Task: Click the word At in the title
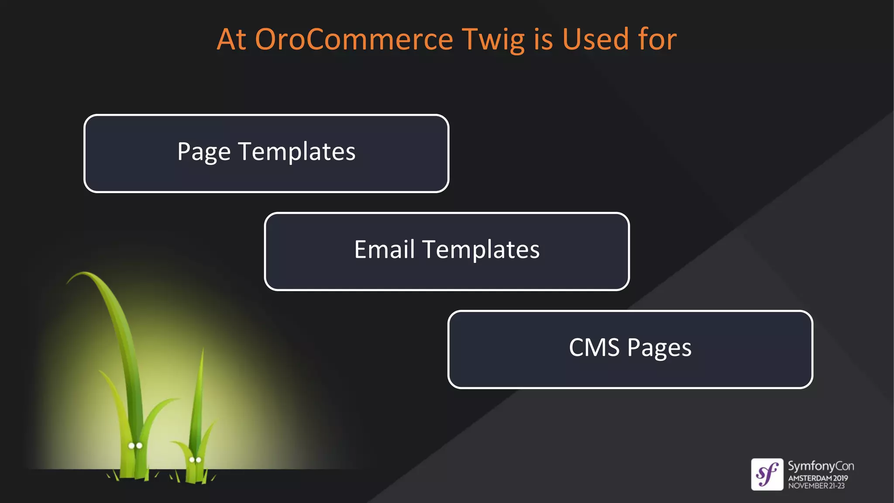pyautogui.click(x=231, y=39)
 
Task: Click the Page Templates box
pyautogui.click(x=266, y=153)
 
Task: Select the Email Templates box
pyautogui.click(x=447, y=251)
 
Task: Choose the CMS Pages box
pyautogui.click(x=630, y=349)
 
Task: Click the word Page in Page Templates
pyautogui.click(x=204, y=152)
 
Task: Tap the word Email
pyautogui.click(x=384, y=250)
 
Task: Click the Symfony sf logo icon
pyautogui.click(x=767, y=474)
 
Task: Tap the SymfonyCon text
pyautogui.click(x=821, y=466)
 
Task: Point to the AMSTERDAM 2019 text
pyautogui.click(x=818, y=478)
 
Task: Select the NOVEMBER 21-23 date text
pyautogui.click(x=816, y=486)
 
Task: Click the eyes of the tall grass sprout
pyautogui.click(x=135, y=446)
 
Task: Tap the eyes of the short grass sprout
pyautogui.click(x=195, y=460)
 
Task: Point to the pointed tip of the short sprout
pyautogui.click(x=203, y=349)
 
